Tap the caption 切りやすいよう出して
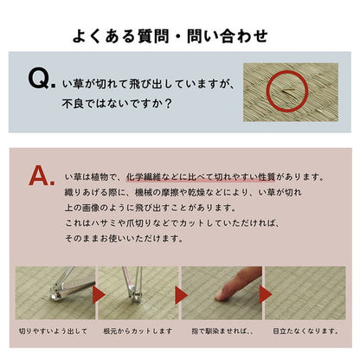pyautogui.click(x=53, y=331)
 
